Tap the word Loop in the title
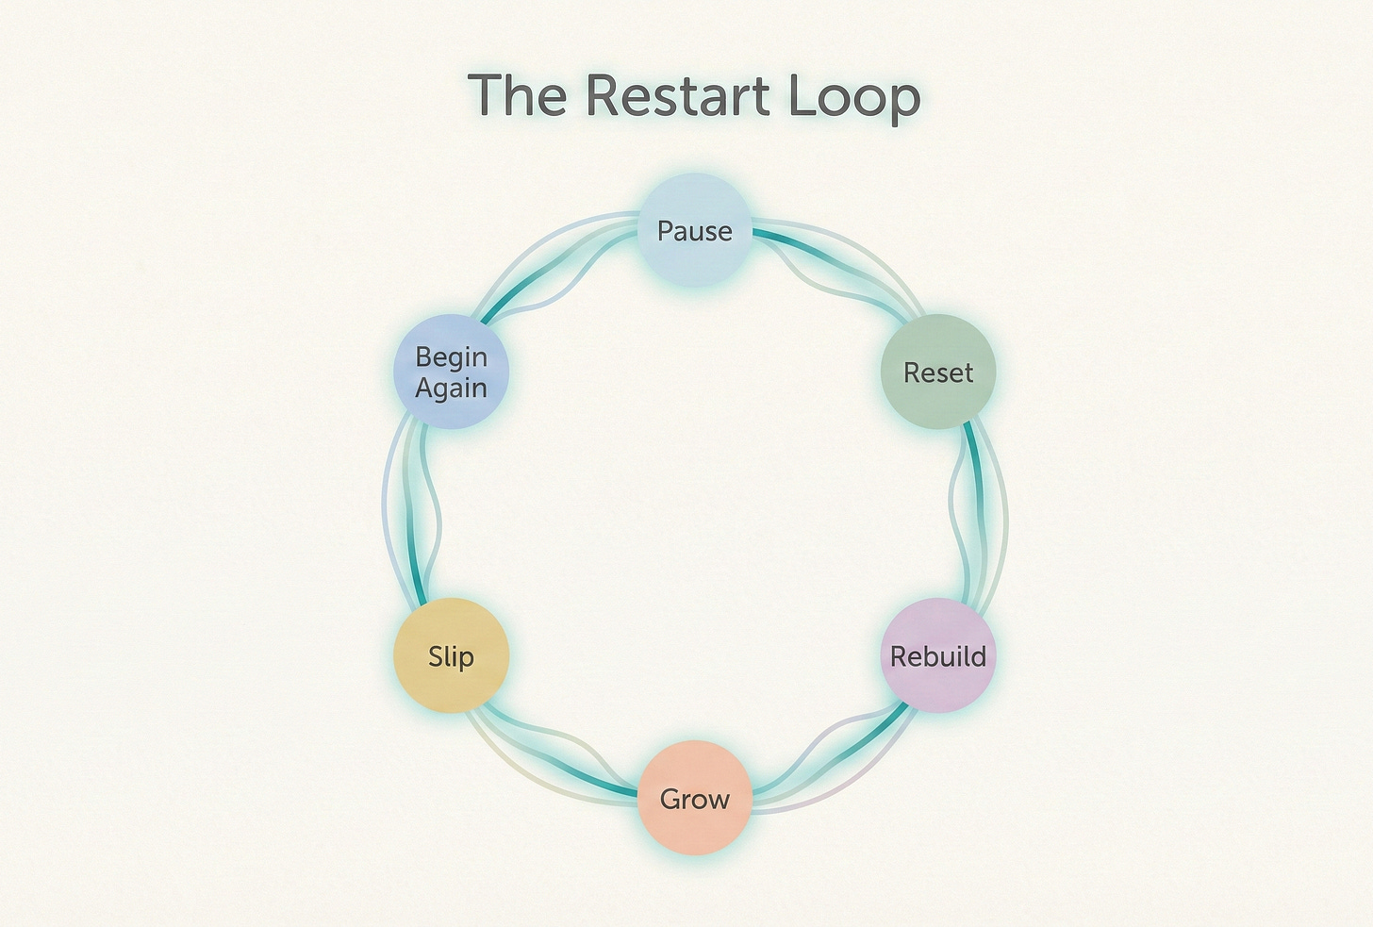pyautogui.click(x=856, y=97)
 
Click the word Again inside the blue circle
pyautogui.click(x=451, y=389)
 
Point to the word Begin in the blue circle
pyautogui.click(x=451, y=357)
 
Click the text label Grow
pyautogui.click(x=695, y=800)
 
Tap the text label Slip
pyautogui.click(x=451, y=656)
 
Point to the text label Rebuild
pyautogui.click(x=937, y=656)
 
